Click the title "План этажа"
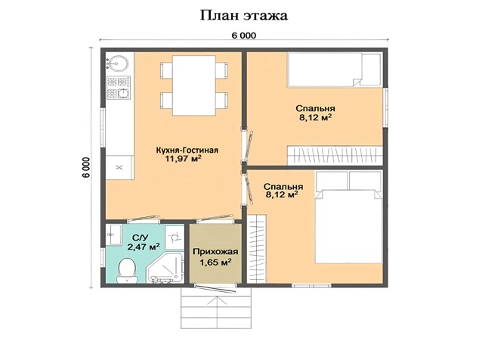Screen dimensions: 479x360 click(x=243, y=15)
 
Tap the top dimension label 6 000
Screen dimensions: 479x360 click(x=243, y=36)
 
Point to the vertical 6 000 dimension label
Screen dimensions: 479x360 click(x=86, y=167)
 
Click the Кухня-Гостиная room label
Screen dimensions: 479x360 click(x=187, y=151)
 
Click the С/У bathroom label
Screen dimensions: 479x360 click(x=141, y=237)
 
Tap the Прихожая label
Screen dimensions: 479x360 click(x=215, y=252)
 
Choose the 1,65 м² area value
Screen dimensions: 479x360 click(x=215, y=262)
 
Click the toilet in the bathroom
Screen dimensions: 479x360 click(x=127, y=271)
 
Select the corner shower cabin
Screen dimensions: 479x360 click(x=165, y=268)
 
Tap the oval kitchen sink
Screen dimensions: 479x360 click(x=116, y=64)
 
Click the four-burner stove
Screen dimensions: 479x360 click(x=119, y=88)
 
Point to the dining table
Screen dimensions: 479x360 click(x=194, y=85)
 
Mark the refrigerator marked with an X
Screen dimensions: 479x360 click(x=119, y=167)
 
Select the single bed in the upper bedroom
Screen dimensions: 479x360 click(x=335, y=70)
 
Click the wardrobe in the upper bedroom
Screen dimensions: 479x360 click(x=335, y=156)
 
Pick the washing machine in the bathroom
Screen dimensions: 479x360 click(x=175, y=235)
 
